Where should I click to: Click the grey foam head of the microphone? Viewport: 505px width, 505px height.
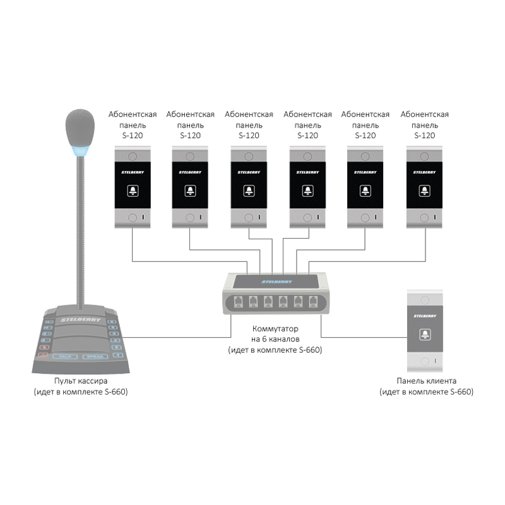click(79, 126)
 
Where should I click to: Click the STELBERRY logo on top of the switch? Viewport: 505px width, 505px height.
click(275, 280)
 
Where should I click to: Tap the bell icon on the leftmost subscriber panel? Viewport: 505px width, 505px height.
click(133, 189)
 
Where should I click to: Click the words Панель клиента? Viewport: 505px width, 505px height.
click(426, 382)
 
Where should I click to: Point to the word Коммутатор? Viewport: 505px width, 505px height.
click(275, 330)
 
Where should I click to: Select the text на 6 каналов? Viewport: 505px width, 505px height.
click(275, 340)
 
